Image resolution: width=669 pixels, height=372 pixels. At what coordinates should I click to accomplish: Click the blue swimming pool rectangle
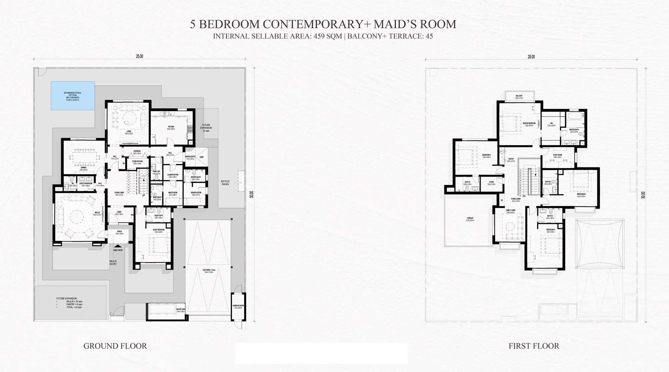coord(73,96)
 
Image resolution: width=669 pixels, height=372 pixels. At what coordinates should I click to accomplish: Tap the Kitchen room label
coord(171,127)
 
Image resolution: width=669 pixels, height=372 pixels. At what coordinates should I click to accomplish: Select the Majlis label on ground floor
coord(97,212)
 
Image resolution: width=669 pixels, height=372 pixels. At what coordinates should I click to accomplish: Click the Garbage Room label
coord(238,306)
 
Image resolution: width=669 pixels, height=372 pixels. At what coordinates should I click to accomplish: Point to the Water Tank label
coord(181,309)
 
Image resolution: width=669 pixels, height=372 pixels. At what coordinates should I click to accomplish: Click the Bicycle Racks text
coord(225,183)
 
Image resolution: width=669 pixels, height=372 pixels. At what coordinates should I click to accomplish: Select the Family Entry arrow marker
coord(118,247)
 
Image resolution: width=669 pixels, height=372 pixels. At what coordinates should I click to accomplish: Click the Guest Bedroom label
coord(159,230)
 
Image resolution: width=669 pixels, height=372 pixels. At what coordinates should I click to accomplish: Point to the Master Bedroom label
coord(529,123)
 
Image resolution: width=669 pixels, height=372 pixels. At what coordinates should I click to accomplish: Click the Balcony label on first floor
coord(519,96)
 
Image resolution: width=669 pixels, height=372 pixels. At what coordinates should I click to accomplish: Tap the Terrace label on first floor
coord(470,218)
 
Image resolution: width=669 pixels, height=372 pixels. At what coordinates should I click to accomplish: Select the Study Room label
coord(557,155)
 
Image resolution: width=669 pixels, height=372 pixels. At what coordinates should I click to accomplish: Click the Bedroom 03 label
coord(551,230)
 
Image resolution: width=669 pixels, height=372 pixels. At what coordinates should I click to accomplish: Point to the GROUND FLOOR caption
coord(115,346)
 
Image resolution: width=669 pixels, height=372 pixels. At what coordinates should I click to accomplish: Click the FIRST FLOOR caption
coord(534,346)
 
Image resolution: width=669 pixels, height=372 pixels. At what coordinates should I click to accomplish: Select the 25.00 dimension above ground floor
coord(140,56)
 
